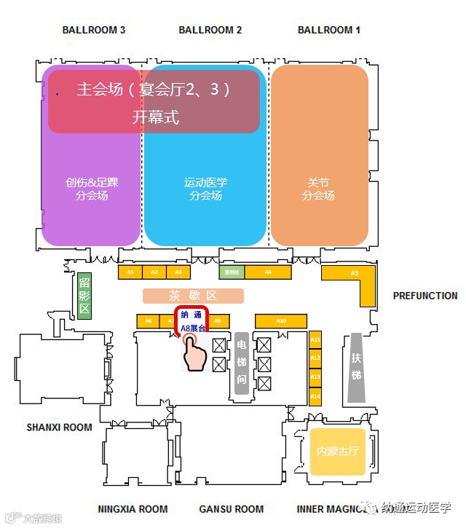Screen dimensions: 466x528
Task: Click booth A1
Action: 130,272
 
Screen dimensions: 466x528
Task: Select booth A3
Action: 178,272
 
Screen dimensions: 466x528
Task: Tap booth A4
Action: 268,272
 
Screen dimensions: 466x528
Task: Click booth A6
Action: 149,320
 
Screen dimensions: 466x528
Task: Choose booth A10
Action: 281,320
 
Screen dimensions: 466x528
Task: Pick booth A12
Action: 315,358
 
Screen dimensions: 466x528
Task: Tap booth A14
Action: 315,396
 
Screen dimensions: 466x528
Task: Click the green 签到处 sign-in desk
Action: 232,272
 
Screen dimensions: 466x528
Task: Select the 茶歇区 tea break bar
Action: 193,296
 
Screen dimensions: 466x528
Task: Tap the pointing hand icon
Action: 195,354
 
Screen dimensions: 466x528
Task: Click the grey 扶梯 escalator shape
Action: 356,368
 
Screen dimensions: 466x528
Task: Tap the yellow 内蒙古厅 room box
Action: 337,451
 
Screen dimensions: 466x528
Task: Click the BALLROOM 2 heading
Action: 210,30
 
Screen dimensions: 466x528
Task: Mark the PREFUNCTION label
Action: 425,296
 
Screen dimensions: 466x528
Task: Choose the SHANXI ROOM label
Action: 60,427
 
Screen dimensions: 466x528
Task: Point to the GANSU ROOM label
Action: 232,509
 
